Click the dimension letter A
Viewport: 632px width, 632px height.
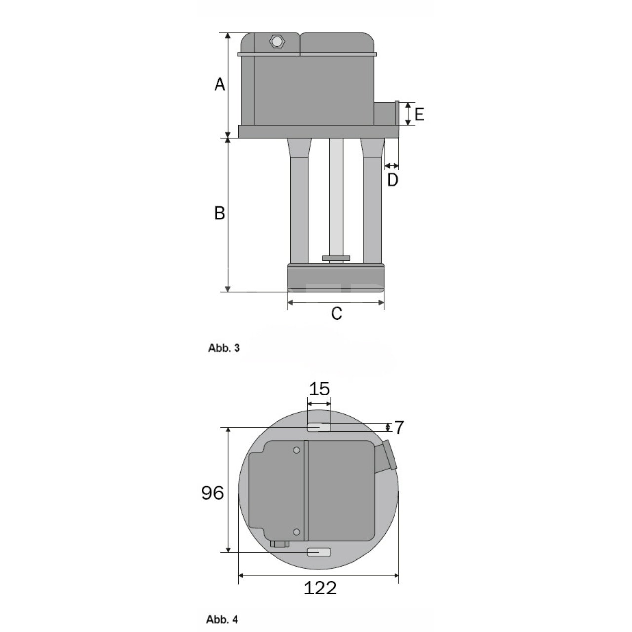(x=220, y=84)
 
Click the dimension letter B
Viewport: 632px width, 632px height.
(x=219, y=213)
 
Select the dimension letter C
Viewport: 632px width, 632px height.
(x=337, y=314)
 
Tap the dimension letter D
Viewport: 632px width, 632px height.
(x=393, y=180)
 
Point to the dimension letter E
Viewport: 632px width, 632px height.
(x=419, y=115)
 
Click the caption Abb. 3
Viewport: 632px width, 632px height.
(x=224, y=348)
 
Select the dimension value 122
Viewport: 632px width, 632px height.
(x=320, y=588)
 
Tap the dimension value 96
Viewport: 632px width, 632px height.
(x=212, y=493)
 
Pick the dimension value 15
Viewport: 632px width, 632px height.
(x=319, y=389)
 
